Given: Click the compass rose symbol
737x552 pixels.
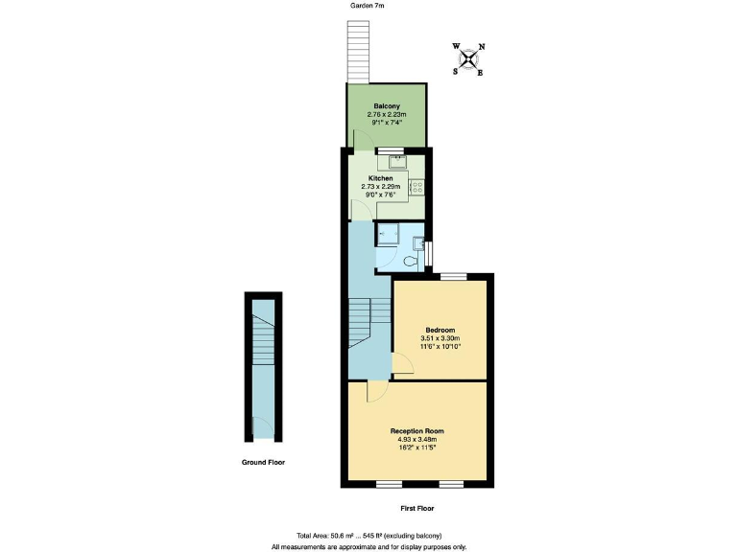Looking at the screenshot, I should [x=468, y=59].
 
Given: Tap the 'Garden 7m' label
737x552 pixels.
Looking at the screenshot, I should [x=367, y=6].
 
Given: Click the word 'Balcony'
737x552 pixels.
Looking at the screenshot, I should [x=387, y=105].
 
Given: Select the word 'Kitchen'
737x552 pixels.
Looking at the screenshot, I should [x=380, y=178].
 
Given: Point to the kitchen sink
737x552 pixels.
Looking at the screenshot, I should [x=390, y=161].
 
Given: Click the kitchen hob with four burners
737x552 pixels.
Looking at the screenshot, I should [x=418, y=186].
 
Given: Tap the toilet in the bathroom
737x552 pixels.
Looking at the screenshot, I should [x=412, y=260].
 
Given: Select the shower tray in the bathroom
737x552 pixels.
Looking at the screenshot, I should [x=388, y=233].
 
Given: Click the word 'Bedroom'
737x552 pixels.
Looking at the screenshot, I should [x=440, y=330].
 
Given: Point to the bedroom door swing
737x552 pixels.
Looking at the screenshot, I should [x=403, y=365].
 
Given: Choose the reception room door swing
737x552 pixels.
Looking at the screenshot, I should [x=376, y=390].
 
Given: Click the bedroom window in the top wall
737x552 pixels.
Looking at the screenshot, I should [x=453, y=277].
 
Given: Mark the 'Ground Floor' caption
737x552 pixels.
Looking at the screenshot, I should [x=262, y=462].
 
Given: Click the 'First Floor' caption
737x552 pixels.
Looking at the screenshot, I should [x=416, y=508].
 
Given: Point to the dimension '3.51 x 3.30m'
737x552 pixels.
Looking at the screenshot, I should [x=440, y=338].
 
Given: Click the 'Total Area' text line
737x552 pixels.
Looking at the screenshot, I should [x=368, y=535].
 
